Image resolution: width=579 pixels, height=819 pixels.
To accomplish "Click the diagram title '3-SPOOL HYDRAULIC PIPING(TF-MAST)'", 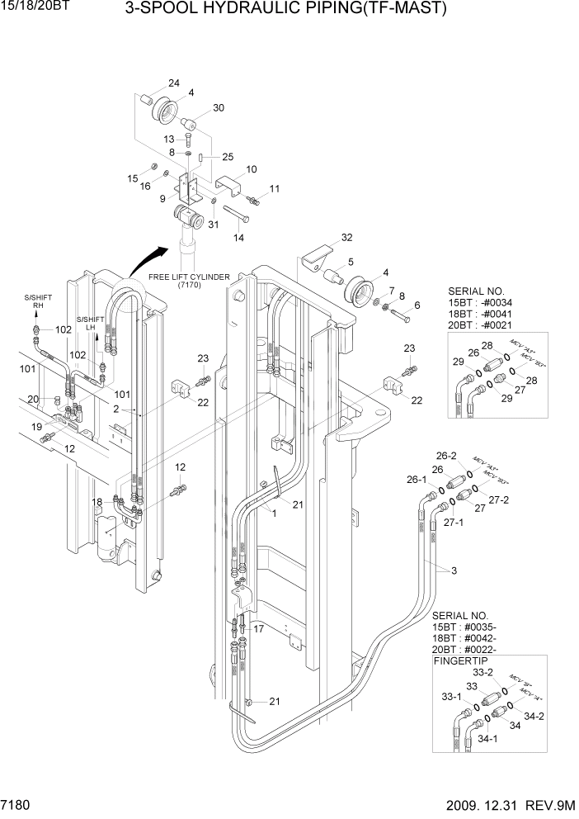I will (x=285, y=9).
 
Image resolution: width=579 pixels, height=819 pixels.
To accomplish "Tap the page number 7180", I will (x=18, y=803).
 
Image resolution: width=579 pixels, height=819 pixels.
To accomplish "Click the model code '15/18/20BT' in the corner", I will (x=32, y=7).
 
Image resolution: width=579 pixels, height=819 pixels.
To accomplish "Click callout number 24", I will (x=174, y=83).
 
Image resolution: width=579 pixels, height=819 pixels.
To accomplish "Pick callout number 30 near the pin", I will (x=219, y=108).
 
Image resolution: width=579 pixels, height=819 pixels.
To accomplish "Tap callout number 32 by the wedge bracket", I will (x=346, y=237).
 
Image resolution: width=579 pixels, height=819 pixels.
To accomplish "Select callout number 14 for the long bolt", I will (x=239, y=238).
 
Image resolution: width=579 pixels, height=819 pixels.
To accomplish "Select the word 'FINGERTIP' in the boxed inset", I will (x=463, y=660).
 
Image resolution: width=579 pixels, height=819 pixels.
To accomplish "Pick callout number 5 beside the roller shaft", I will (x=351, y=263).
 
